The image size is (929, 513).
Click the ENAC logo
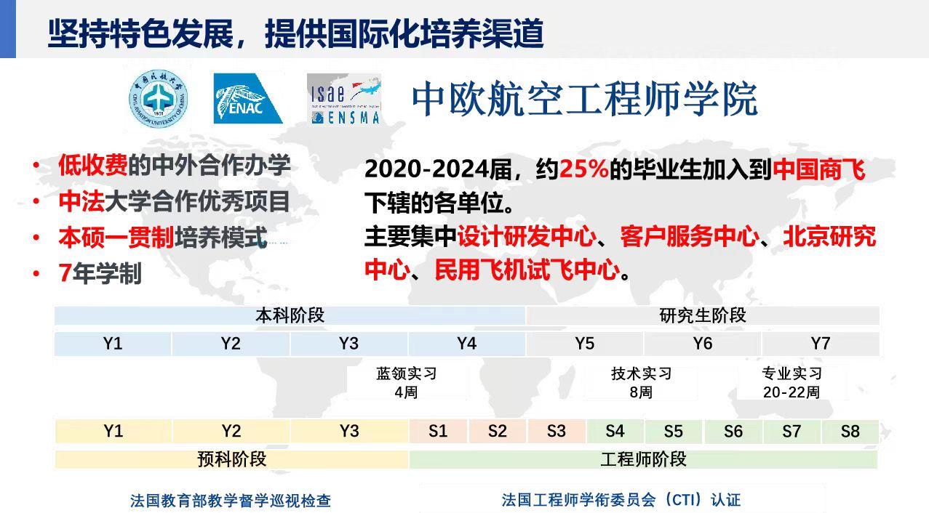coord(247,98)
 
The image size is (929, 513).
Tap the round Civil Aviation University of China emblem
coord(158,98)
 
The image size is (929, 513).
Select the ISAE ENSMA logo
coord(343,100)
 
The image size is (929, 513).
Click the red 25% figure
coord(584,169)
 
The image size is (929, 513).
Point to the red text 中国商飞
coord(819,169)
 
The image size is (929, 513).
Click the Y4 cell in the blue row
coord(466,344)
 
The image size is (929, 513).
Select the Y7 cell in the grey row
coord(821,344)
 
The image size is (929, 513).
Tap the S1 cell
coord(438,431)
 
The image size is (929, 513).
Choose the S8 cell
coord(850,431)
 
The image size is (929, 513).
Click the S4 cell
coord(615,431)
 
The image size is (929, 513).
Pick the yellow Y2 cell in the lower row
coord(231,431)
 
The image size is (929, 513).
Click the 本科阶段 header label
coord(290,316)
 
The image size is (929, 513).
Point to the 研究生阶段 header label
coord(703,316)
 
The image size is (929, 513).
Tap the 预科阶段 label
coord(232,459)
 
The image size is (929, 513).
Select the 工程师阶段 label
coord(643,459)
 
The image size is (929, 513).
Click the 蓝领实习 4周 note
coord(407,382)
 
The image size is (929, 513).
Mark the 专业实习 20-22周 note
coord(792,382)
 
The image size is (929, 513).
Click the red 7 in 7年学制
coord(65,273)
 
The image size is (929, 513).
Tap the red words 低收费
coord(93,166)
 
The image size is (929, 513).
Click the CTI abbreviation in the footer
coord(684,500)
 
